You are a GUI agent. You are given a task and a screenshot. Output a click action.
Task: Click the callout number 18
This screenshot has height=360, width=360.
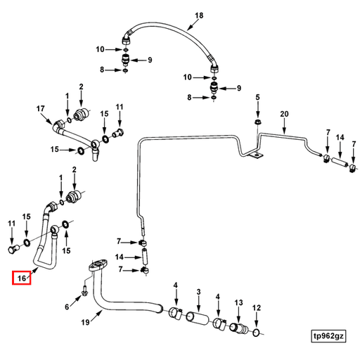click(199, 15)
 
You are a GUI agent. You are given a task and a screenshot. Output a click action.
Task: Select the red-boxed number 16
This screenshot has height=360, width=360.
click(22, 278)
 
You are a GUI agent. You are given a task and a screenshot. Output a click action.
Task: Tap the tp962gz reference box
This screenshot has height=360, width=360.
click(328, 336)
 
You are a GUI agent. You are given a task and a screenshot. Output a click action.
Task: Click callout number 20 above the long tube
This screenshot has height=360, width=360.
click(284, 114)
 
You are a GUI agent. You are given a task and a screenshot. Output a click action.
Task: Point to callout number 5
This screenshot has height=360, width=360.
click(257, 97)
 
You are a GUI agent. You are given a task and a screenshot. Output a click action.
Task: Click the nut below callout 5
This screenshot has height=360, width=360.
click(258, 122)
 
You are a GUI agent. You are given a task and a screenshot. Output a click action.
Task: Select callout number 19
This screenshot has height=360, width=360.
click(85, 322)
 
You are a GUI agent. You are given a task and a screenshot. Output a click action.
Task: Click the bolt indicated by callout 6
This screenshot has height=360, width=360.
click(84, 290)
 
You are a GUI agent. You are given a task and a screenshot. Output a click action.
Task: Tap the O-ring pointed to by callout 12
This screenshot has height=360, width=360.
click(256, 333)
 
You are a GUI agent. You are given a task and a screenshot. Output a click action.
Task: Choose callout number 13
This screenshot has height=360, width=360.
click(238, 302)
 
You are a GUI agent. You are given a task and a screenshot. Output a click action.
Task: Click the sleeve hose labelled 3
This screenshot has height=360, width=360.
click(197, 319)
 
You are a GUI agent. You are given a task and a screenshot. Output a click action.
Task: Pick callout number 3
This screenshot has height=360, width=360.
click(198, 292)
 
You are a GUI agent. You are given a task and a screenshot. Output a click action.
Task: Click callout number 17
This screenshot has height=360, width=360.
click(40, 108)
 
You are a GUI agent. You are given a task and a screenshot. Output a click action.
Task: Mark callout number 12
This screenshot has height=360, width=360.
click(257, 307)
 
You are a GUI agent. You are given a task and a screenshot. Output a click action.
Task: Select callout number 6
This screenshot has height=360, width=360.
click(67, 307)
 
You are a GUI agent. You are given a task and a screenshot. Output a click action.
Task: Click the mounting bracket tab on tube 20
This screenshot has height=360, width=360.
click(255, 155)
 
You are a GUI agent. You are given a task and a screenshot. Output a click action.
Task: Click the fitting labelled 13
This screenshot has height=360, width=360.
click(238, 328)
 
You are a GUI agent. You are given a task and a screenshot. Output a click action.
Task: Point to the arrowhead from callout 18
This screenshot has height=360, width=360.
click(188, 30)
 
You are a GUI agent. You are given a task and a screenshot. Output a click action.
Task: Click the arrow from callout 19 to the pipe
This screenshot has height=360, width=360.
click(96, 316)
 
